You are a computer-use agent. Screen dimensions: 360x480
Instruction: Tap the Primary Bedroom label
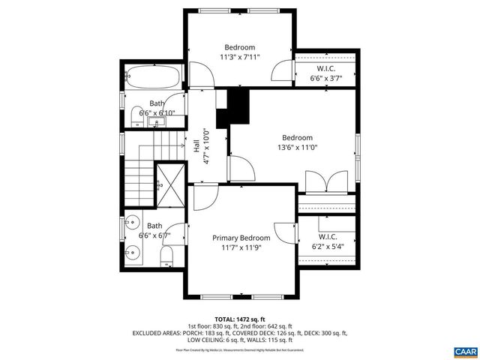(240, 238)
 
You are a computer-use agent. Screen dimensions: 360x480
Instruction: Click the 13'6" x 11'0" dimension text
(297, 148)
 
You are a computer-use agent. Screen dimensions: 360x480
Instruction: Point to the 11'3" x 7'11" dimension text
(240, 56)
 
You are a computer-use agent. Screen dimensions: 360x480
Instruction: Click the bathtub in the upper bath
(153, 77)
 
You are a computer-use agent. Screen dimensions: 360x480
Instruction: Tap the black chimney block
(233, 108)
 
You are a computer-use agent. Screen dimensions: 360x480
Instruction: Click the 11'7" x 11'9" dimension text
(240, 247)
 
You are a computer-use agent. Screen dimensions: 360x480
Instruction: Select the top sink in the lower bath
(132, 223)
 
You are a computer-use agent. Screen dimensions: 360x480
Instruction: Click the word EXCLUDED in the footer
(148, 332)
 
